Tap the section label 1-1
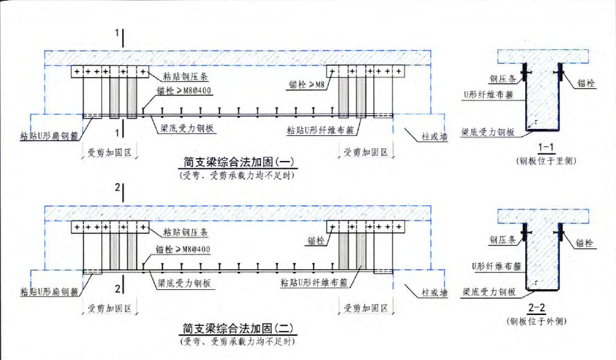pos(545,148)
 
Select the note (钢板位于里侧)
pos(545,161)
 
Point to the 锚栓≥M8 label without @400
pos(306,85)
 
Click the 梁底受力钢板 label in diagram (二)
pos(182,284)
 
